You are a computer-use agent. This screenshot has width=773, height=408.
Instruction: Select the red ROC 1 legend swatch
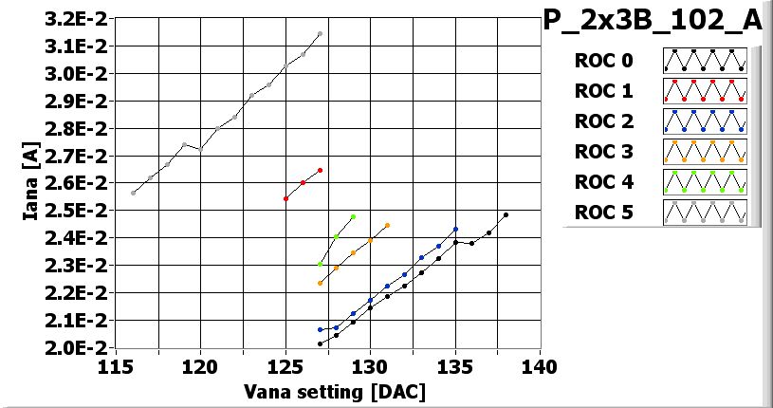[705, 91]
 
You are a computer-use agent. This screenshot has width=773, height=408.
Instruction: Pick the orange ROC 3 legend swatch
[705, 152]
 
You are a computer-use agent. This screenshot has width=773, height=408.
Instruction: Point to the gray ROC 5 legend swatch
[705, 212]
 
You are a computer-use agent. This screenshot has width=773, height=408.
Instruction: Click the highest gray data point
[320, 34]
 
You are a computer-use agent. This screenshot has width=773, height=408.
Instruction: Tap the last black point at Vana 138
[506, 214]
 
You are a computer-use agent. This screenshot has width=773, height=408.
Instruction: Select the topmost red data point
[320, 171]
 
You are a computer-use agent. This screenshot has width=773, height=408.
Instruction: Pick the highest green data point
[353, 217]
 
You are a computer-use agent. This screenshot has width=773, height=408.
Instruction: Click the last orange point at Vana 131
[387, 226]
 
